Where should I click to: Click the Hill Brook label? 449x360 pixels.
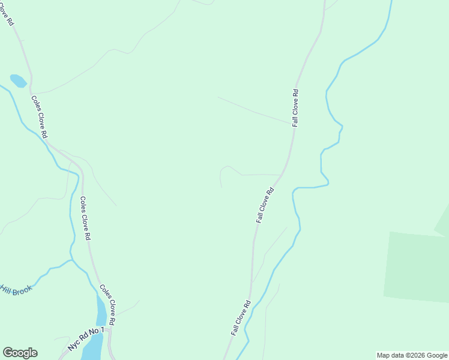pyautogui.click(x=16, y=290)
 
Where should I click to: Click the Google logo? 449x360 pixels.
pyautogui.click(x=20, y=353)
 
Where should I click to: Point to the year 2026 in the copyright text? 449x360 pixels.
pyautogui.click(x=414, y=355)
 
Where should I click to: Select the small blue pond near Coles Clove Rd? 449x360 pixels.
pyautogui.click(x=18, y=81)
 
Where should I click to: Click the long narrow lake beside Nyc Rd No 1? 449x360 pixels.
pyautogui.click(x=96, y=336)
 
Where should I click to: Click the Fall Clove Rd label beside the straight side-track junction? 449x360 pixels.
pyautogui.click(x=295, y=108)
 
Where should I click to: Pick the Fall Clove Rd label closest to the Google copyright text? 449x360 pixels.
pyautogui.click(x=240, y=318)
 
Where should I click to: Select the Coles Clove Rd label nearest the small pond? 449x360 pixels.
pyautogui.click(x=40, y=118)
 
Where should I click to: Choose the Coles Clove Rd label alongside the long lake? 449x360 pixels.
pyautogui.click(x=107, y=304)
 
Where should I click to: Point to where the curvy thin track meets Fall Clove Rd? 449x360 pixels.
pyautogui.click(x=280, y=175)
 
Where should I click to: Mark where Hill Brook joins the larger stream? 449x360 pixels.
pyautogui.click(x=71, y=260)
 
